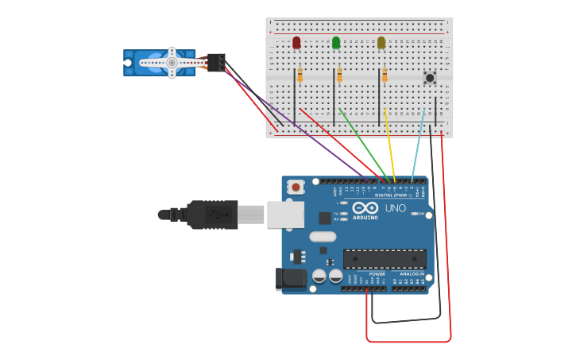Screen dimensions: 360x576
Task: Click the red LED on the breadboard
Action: coord(296,42)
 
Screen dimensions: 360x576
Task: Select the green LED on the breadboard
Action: coord(336,42)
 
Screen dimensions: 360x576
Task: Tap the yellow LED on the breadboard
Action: coord(381,42)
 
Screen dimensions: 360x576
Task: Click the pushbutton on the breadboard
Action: coord(430,78)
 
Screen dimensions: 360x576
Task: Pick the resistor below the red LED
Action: coord(300,75)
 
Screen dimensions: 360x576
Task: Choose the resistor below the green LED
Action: coord(339,75)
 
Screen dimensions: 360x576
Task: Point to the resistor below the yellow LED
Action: coord(385,75)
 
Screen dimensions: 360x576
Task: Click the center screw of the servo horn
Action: coord(172,62)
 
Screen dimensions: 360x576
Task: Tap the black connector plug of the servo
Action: coord(215,61)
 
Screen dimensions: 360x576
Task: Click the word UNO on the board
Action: coord(396,208)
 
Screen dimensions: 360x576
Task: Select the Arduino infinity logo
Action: coord(365,209)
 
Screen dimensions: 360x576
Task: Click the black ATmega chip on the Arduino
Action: coord(385,258)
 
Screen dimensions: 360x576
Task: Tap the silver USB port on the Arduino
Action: coord(284,215)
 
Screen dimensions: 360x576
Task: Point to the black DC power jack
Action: coord(291,278)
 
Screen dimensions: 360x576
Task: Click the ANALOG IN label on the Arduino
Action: coord(407,274)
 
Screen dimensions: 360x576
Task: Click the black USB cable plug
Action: coord(212,215)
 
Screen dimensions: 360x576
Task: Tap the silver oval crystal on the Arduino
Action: coord(323,236)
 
